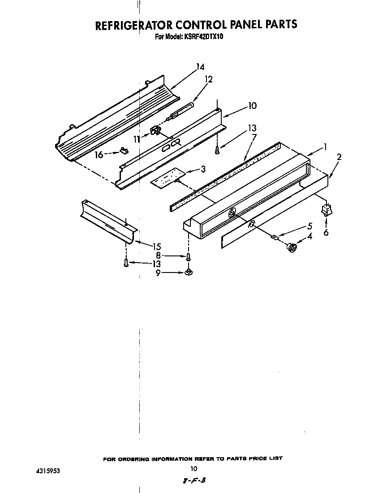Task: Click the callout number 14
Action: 200,67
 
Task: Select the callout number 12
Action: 208,79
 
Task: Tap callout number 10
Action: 252,106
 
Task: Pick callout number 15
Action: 156,246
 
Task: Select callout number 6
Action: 326,233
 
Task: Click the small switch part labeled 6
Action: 326,210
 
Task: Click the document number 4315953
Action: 47,471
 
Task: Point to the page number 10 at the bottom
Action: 193,469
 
